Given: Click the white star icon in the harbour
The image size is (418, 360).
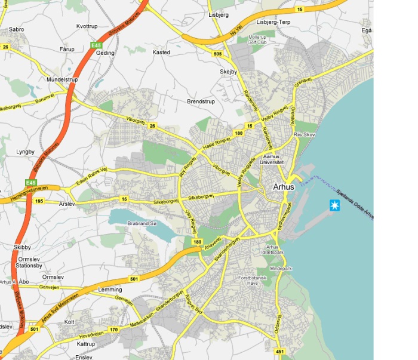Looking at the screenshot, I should point(334,206).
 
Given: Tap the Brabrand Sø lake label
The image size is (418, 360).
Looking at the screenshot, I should point(142,224).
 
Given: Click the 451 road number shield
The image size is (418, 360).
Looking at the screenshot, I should point(281,352).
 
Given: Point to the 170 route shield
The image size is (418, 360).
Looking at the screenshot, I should point(113,328).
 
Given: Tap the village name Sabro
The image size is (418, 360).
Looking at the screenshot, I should point(17,29).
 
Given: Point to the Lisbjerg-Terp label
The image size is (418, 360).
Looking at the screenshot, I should point(273,22).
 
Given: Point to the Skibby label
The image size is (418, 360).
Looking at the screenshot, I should point(21,247).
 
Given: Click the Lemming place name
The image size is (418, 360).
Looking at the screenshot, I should point(109,290).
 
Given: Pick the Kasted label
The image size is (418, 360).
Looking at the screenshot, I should point(161,53).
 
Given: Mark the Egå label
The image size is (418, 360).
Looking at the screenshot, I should point(367,30).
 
